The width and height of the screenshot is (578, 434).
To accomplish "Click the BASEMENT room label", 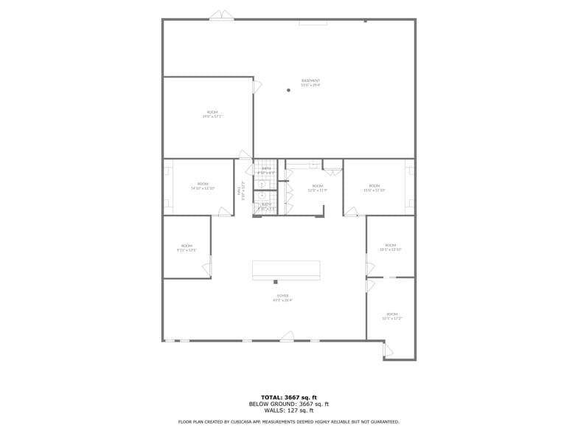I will (x=310, y=83).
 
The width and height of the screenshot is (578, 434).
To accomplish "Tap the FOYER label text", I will (x=282, y=297).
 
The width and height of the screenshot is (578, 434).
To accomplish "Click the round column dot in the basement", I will (x=288, y=91).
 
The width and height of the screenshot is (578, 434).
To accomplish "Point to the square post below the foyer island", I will (x=276, y=282).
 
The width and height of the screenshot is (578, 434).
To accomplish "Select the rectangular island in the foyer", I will (x=286, y=269).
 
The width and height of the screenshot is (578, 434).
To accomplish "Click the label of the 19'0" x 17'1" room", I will (x=212, y=114).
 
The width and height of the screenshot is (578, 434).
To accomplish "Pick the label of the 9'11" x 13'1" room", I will (x=187, y=248).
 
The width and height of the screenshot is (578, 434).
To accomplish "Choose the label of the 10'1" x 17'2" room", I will (x=391, y=316).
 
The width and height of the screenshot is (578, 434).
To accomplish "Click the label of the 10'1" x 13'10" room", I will (x=390, y=247).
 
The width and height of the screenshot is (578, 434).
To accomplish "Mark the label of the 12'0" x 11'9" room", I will (x=317, y=188).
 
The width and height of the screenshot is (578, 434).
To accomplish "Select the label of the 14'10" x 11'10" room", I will (x=203, y=186).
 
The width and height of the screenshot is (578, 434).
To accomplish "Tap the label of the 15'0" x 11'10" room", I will (x=375, y=187).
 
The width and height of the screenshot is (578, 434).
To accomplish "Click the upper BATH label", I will (x=266, y=170).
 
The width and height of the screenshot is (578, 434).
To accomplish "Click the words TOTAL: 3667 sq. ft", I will (x=288, y=397).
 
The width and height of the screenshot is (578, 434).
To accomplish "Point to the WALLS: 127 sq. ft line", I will (x=288, y=410).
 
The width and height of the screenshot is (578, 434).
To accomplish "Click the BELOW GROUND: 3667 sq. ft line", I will (x=288, y=404).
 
